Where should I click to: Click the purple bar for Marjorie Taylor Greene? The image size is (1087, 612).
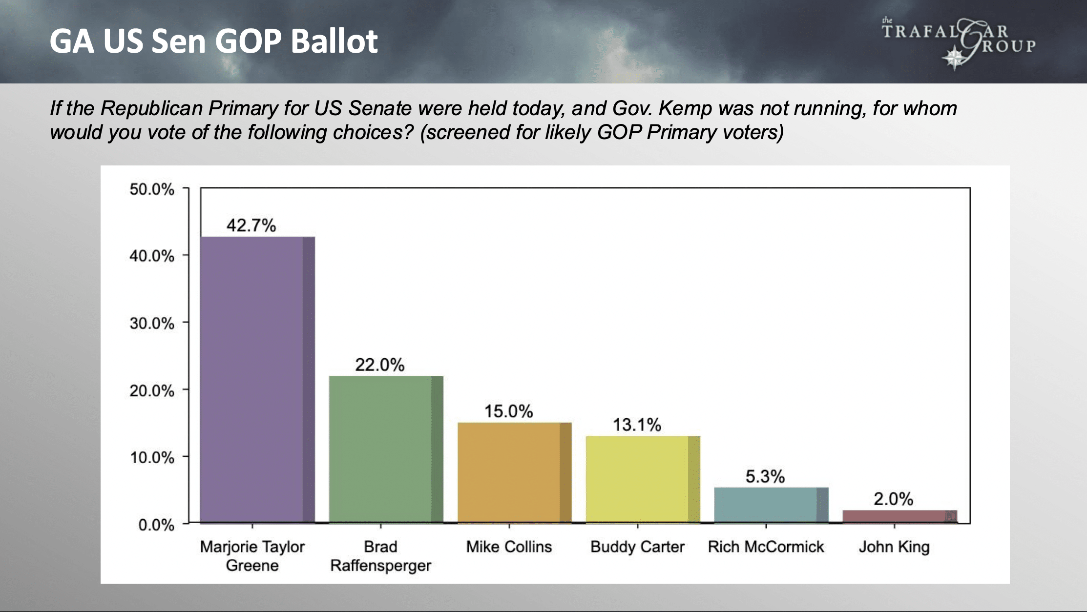257,380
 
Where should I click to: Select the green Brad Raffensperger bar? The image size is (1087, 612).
386,449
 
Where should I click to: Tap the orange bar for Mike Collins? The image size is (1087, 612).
514,472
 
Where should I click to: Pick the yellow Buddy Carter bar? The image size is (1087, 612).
643,479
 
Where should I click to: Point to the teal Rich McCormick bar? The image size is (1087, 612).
771,505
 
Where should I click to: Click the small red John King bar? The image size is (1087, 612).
899,516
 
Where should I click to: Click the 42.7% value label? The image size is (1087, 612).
251,225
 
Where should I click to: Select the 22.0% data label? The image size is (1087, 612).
379,365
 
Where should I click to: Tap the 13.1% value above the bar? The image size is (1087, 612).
637,425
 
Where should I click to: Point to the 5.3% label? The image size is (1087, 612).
765,477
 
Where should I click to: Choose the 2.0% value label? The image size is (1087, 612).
893,499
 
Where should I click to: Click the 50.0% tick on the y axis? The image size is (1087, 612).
152,189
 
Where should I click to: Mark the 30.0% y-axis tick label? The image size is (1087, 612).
152,324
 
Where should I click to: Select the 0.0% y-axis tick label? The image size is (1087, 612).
156,525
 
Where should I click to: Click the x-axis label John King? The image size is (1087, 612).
894,547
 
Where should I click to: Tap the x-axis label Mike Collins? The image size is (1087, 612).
509,547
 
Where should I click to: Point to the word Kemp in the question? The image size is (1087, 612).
685,108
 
